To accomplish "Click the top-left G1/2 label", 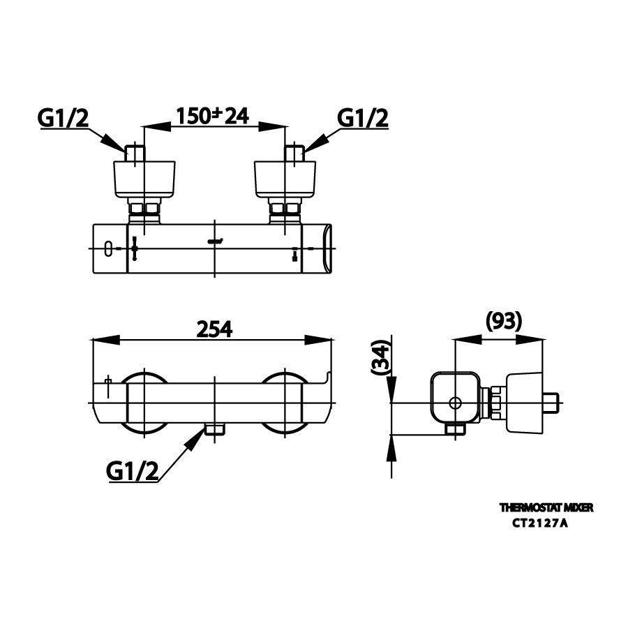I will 63,119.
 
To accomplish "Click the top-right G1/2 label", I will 363,119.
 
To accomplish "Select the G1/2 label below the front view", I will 133,472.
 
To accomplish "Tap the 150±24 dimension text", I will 214,116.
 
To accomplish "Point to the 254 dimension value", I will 213,329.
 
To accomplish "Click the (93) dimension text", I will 503,321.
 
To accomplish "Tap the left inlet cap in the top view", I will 144,178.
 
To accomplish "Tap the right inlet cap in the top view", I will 285,178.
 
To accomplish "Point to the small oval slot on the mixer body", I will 107,248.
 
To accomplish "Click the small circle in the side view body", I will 455,403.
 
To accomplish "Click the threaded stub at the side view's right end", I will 552,403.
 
